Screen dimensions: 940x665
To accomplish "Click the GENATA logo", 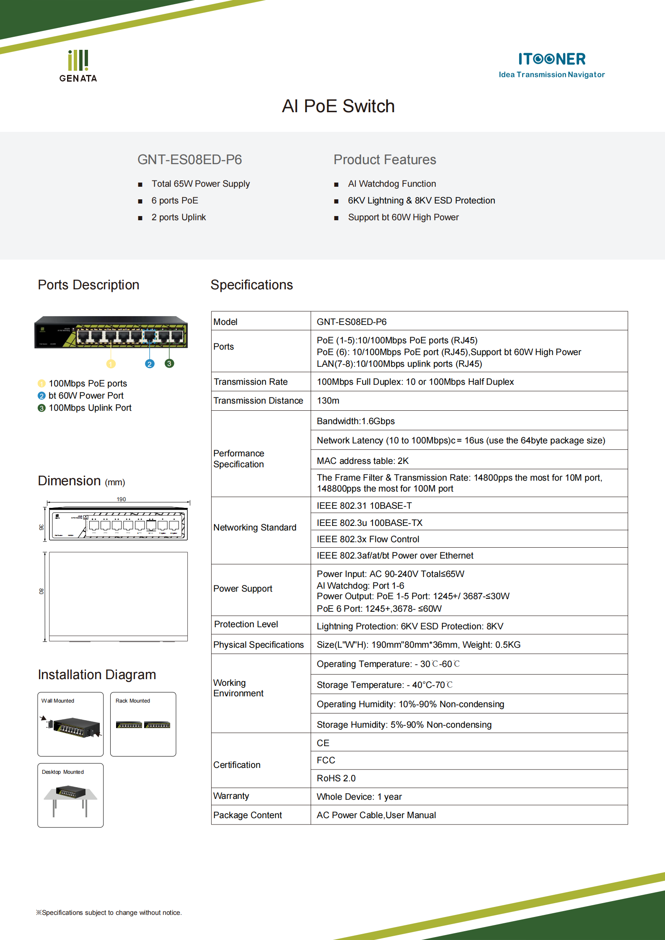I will pos(78,66).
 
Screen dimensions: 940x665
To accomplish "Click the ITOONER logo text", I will pos(551,59).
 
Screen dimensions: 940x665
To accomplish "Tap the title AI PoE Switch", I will pos(338,106).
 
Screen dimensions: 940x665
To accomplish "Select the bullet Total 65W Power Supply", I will pos(200,184).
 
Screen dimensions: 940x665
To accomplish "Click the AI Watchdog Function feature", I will pos(391,184).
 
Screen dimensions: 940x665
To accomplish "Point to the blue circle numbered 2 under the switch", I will pos(150,364).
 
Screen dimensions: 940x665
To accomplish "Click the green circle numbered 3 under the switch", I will pos(169,363).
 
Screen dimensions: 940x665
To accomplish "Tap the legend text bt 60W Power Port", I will pos(86,396).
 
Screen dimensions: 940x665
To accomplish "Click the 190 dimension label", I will pos(121,499).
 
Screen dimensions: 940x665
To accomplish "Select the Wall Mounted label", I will pos(57,700).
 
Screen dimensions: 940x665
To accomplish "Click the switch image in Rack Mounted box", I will pos(143,725).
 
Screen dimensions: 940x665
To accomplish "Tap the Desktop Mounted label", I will pos(63,772).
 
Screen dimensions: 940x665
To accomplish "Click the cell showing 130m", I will pos(328,401).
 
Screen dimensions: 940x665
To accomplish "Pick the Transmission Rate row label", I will pos(251,382).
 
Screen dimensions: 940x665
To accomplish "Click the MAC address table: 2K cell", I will pos(362,461).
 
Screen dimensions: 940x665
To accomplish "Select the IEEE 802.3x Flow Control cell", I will pos(368,539).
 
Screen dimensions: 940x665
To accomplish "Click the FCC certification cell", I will pos(326,760).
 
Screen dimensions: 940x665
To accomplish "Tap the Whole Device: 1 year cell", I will pos(359,796).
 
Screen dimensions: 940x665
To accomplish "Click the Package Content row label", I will pos(247,815).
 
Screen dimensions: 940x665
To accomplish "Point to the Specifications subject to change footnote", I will pos(109,912).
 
